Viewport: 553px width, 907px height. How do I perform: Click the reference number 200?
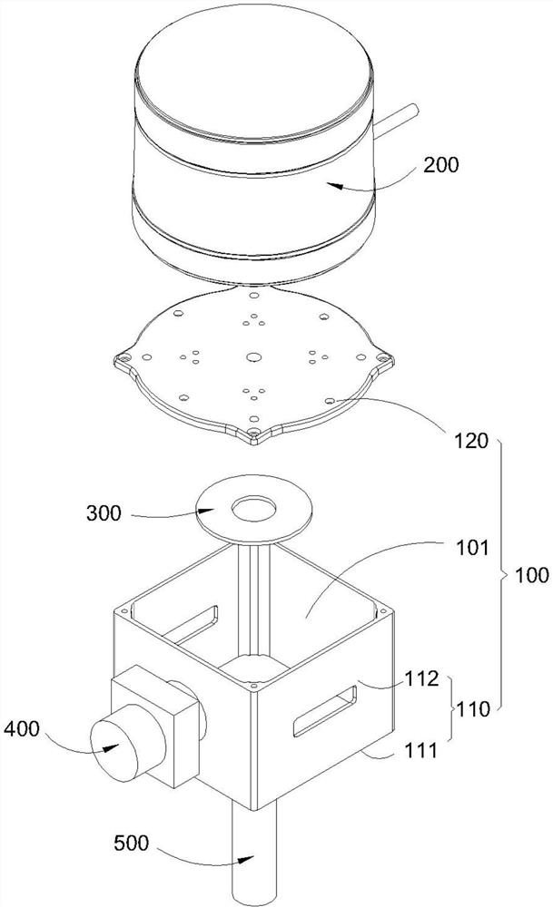click(x=440, y=165)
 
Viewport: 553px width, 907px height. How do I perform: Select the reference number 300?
click(x=104, y=513)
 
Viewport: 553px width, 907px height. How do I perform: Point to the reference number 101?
click(x=472, y=547)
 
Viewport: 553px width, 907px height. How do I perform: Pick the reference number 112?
click(x=422, y=678)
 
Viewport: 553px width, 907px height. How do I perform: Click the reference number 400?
click(x=22, y=729)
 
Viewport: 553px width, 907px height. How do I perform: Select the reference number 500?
click(x=132, y=843)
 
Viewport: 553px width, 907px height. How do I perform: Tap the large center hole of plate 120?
click(x=252, y=356)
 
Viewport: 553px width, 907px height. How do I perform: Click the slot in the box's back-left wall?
click(x=190, y=624)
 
